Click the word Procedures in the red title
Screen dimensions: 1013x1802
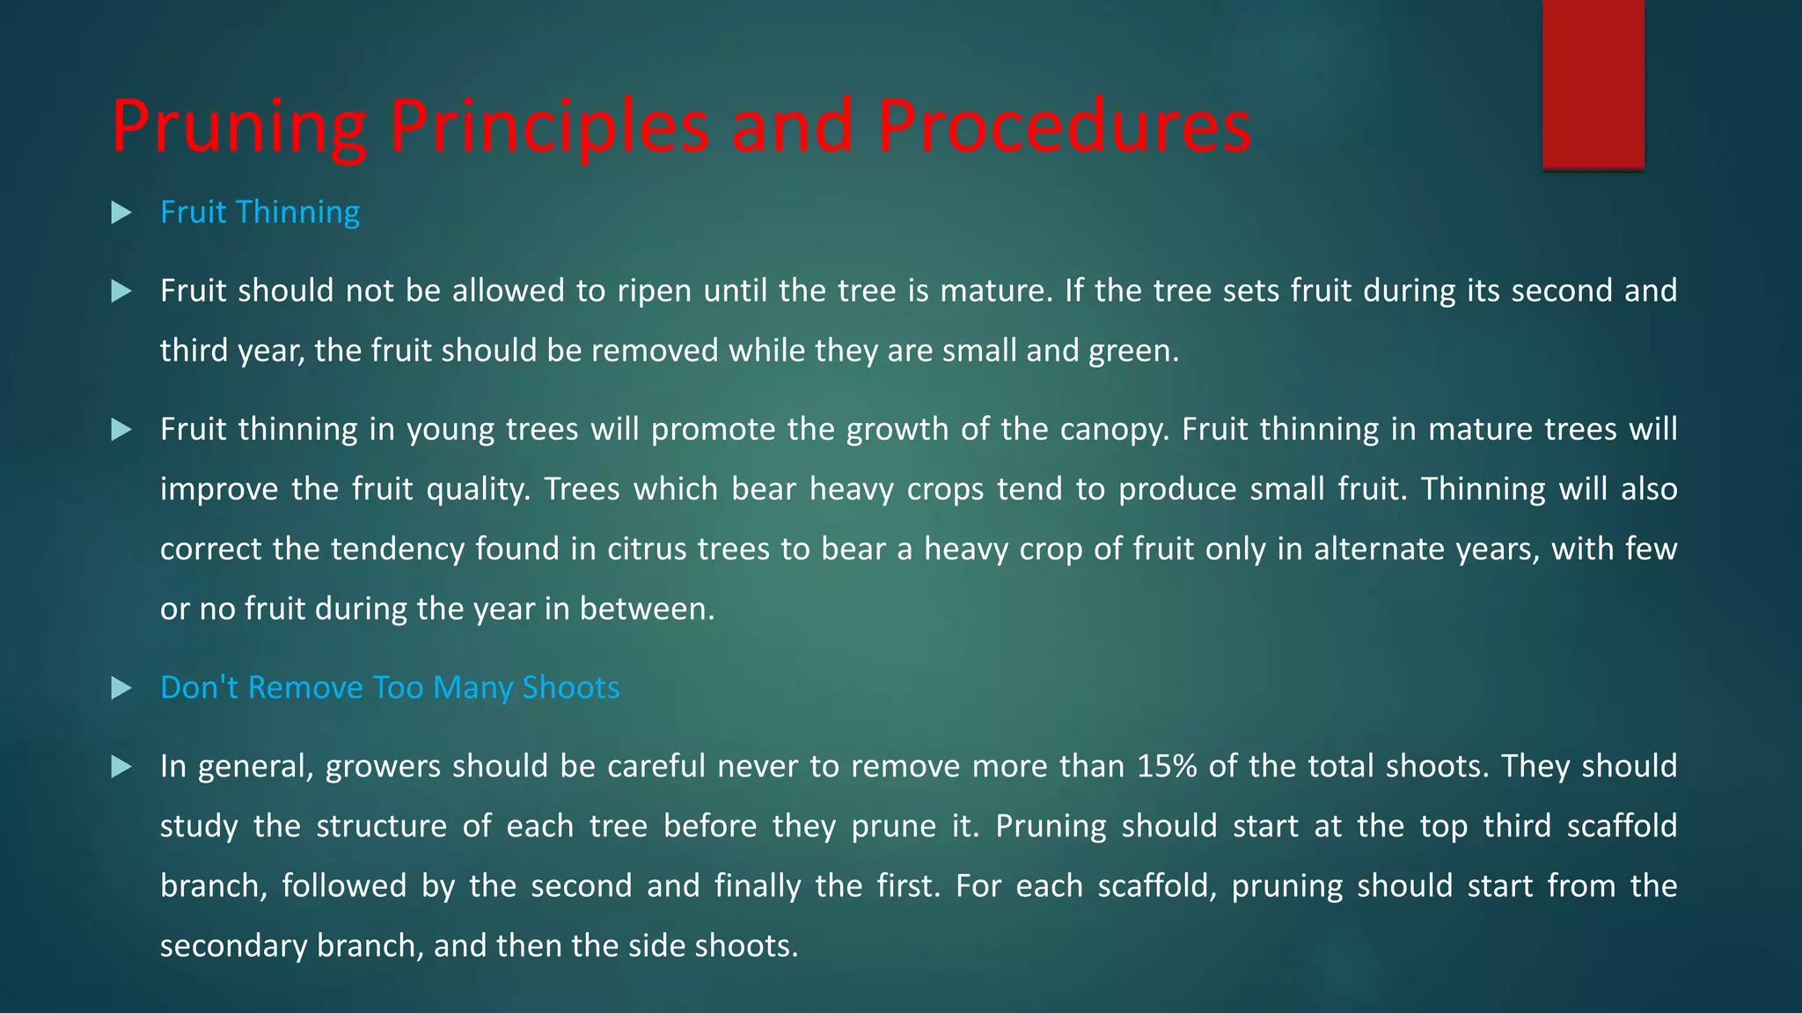click(x=1064, y=126)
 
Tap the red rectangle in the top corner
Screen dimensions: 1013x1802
click(x=1593, y=84)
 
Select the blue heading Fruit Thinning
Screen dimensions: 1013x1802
click(x=260, y=212)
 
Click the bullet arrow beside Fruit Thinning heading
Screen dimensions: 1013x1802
click(x=121, y=213)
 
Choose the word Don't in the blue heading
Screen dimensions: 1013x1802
click(x=199, y=688)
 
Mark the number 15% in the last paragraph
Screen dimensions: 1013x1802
click(x=1167, y=767)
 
